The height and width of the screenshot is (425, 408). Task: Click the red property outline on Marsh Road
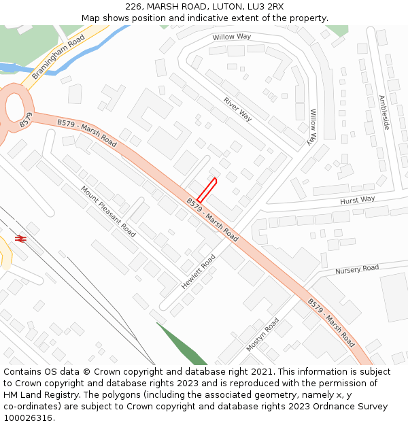[x=207, y=190]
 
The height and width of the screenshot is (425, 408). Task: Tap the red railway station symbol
[x=20, y=239]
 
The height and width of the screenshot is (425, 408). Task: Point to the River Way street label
[x=237, y=109]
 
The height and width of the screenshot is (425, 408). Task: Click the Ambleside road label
[x=384, y=112]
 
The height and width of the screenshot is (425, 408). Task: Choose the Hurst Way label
[x=357, y=200]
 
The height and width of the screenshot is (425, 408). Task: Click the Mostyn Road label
[x=262, y=335]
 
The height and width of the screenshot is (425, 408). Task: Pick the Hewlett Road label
[x=198, y=272]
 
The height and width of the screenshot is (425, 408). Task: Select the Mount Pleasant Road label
[x=108, y=211]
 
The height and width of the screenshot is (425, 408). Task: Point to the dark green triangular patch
[x=184, y=347]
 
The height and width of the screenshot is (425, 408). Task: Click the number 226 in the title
[x=134, y=7]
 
